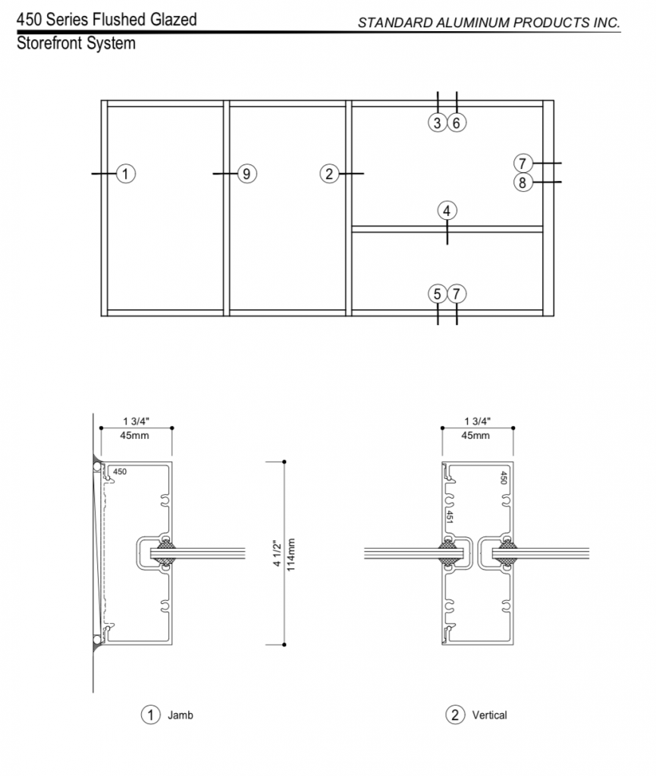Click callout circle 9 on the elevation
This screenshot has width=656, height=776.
pyautogui.click(x=247, y=174)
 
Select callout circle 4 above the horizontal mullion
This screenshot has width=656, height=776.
pyautogui.click(x=447, y=211)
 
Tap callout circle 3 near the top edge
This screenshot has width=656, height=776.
pyautogui.click(x=437, y=123)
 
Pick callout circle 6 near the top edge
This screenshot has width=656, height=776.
pyautogui.click(x=457, y=123)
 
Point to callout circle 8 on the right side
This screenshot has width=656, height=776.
pyautogui.click(x=523, y=183)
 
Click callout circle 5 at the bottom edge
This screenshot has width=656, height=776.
pyautogui.click(x=437, y=294)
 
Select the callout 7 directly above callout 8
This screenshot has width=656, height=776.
pyautogui.click(x=523, y=163)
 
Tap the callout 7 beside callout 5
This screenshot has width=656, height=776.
pyautogui.click(x=457, y=294)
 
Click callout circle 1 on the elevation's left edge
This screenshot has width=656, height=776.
pyautogui.click(x=126, y=174)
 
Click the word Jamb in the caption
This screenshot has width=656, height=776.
pyautogui.click(x=180, y=715)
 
